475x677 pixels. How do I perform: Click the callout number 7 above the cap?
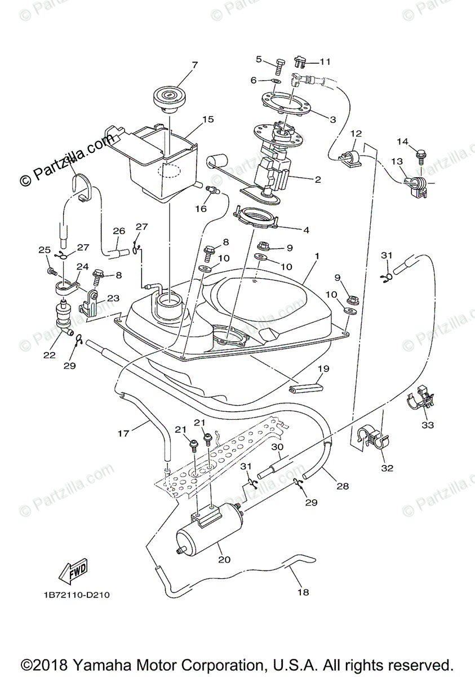[194, 65]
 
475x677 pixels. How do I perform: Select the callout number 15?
[208, 120]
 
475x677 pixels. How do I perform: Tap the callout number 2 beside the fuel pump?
[318, 180]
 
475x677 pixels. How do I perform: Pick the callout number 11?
[326, 61]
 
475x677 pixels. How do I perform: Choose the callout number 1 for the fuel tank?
[317, 256]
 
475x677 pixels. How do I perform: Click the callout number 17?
[123, 433]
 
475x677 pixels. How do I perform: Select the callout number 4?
[307, 230]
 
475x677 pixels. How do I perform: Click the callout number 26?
[119, 231]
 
